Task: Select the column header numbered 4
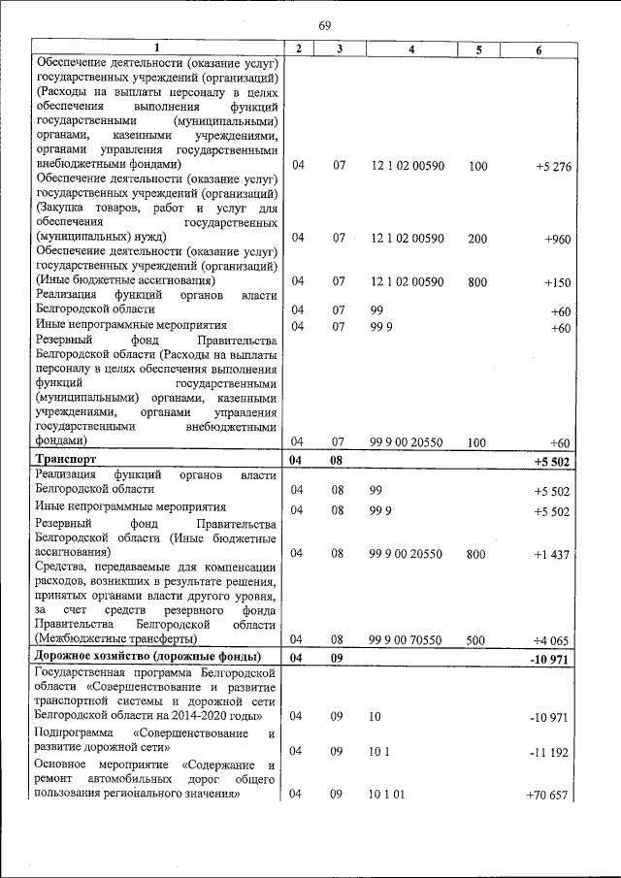[412, 49]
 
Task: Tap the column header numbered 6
[539, 49]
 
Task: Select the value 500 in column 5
[477, 639]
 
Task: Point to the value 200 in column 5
[477, 238]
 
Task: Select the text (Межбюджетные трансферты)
[115, 639]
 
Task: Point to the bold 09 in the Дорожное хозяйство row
[338, 658]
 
